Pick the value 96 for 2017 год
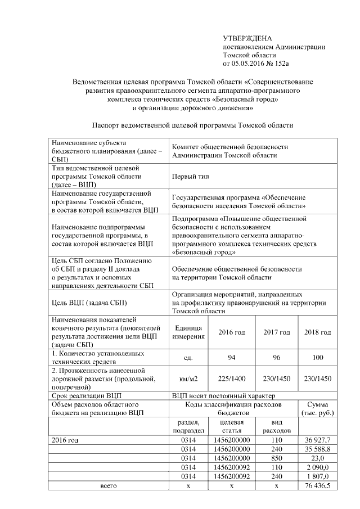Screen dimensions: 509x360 (x=276, y=356)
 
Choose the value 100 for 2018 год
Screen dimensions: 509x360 (x=318, y=356)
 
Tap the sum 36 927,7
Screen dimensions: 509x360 (x=318, y=439)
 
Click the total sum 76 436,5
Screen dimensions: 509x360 (x=318, y=485)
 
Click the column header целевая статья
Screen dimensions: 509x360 (x=231, y=426)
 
